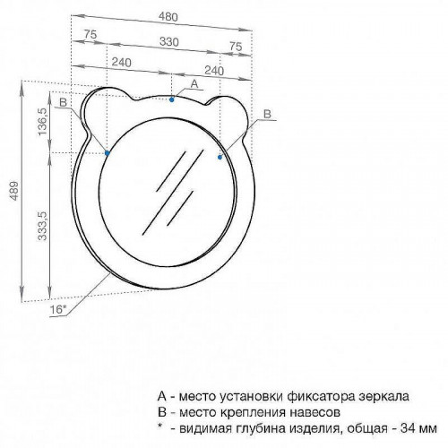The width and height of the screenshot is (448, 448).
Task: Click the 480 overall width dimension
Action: [168, 17]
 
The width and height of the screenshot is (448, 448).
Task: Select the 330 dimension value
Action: [168, 41]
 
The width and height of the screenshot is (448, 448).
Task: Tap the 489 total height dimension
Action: [14, 191]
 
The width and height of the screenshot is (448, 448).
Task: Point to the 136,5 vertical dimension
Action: [43, 122]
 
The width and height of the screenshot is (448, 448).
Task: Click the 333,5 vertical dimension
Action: [43, 226]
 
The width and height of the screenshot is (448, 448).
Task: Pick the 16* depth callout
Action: [57, 309]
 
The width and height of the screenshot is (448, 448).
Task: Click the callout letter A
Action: [194, 84]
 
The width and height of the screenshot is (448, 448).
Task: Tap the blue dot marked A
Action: [172, 99]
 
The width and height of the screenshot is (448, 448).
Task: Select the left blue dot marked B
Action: [108, 153]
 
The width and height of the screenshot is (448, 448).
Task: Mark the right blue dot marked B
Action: [220, 157]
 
